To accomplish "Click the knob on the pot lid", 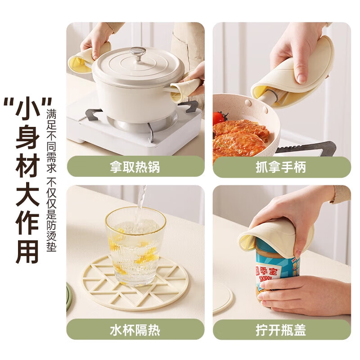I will [138, 53].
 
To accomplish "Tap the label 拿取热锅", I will [135, 167].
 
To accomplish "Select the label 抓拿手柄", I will [281, 167].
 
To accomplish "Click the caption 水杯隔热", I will [135, 330].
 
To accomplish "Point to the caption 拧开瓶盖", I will [281, 330].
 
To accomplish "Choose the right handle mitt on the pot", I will [186, 89].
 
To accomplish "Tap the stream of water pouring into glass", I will [142, 200].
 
